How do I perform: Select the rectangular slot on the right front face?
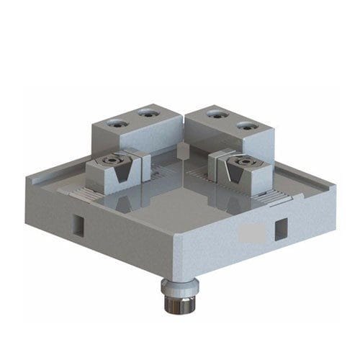pos(279,228)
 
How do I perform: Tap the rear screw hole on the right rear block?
pos(213,113)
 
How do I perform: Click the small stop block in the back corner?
pos(182,149)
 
